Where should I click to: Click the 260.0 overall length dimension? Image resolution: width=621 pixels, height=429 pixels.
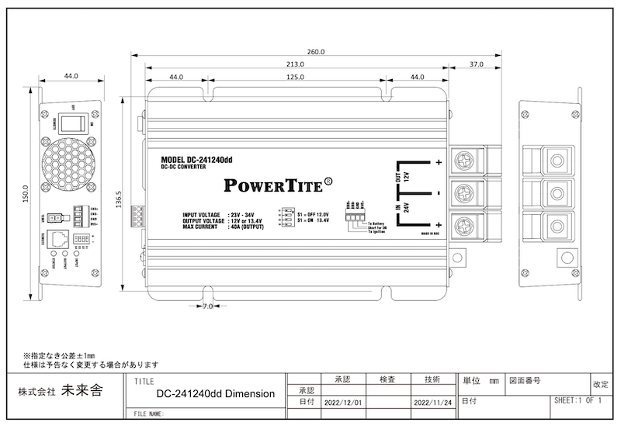[x=316, y=51]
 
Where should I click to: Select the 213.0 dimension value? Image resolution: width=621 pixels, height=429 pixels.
[x=295, y=64]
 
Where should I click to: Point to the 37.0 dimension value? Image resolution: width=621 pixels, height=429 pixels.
[x=476, y=64]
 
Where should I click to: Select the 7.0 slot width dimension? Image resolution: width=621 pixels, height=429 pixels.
[x=206, y=307]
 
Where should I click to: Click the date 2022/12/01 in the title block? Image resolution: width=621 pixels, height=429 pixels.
[x=342, y=403]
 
